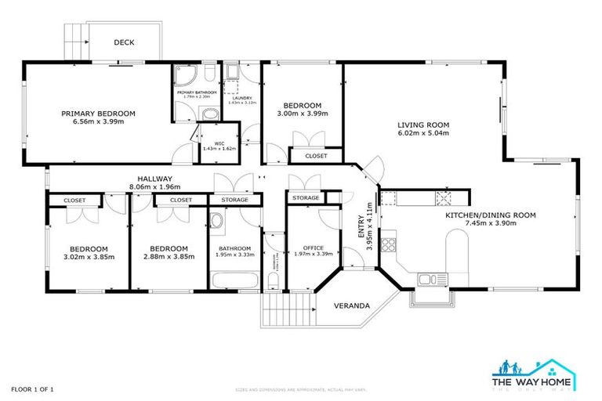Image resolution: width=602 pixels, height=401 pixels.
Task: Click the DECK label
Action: [x=124, y=43]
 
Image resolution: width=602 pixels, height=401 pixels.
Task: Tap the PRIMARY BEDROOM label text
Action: [x=98, y=114]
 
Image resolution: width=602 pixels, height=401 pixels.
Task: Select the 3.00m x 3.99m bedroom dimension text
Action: [x=302, y=114]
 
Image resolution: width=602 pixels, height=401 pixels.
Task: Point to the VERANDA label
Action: [x=352, y=305]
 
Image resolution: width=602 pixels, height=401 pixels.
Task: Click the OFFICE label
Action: [x=313, y=247]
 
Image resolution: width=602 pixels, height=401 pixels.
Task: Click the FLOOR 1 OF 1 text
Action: [x=32, y=388]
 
